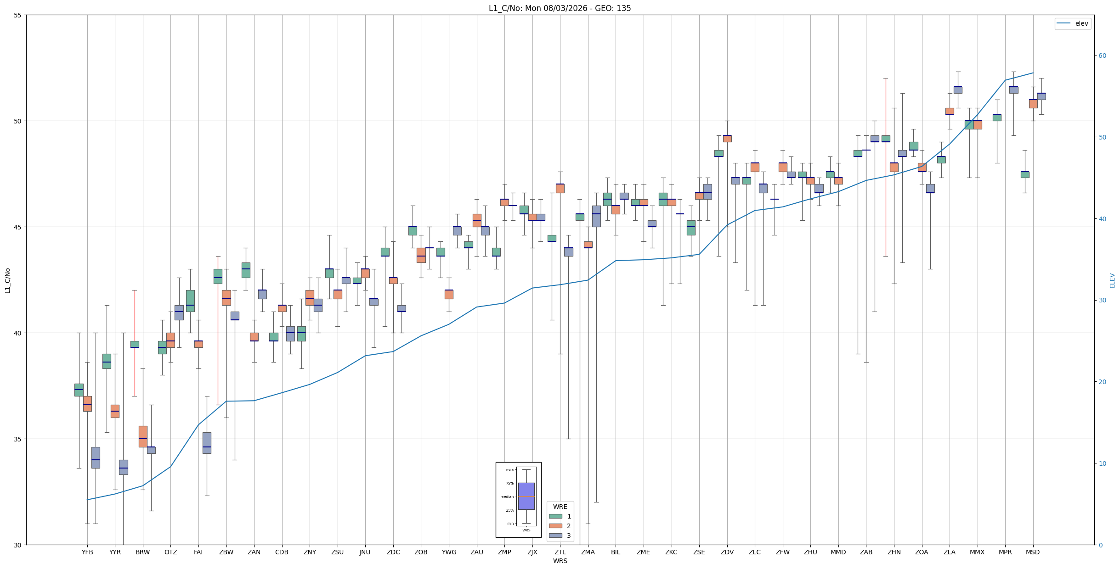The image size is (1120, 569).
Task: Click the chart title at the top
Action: [x=560, y=8]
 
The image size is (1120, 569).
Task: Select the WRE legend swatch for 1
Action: [x=555, y=516]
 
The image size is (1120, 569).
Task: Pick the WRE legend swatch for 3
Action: [x=555, y=536]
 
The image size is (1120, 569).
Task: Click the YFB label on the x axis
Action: [x=87, y=552]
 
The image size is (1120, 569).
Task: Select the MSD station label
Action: [x=1033, y=552]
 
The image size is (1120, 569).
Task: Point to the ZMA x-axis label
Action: [x=588, y=552]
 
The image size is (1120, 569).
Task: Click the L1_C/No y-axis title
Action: [x=7, y=280]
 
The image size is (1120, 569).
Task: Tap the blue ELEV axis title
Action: [x=1112, y=280]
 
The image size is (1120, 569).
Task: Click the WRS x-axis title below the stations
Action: [x=560, y=561]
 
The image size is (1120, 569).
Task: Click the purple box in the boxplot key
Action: [x=526, y=496]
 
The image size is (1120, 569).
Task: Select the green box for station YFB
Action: [x=79, y=390]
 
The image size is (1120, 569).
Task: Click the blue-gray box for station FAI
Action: [x=207, y=443]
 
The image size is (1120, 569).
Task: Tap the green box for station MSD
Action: [x=1025, y=174]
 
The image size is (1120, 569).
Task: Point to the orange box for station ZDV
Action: [x=727, y=139]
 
